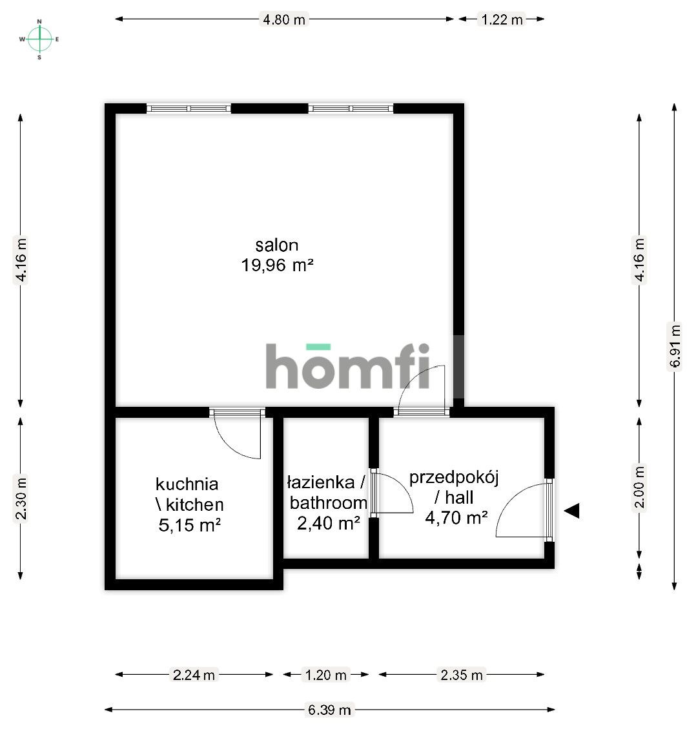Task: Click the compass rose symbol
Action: pyautogui.click(x=39, y=39)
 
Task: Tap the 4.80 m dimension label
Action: pyautogui.click(x=284, y=19)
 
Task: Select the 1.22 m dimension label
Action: pyautogui.click(x=502, y=19)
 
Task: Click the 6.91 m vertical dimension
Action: pyautogui.click(x=675, y=345)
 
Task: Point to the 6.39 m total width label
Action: pyautogui.click(x=329, y=710)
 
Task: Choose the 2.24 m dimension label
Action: pyautogui.click(x=194, y=675)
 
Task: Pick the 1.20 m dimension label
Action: pyautogui.click(x=325, y=675)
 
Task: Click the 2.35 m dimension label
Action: pyautogui.click(x=461, y=675)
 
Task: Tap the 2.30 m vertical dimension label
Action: pyautogui.click(x=21, y=498)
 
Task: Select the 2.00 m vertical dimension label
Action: pyautogui.click(x=639, y=488)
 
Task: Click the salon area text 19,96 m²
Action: pyautogui.click(x=277, y=265)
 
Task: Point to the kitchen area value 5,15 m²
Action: pyautogui.click(x=190, y=525)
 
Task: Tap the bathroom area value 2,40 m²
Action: pyautogui.click(x=328, y=523)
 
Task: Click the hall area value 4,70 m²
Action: pyautogui.click(x=456, y=517)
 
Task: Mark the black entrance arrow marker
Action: pyautogui.click(x=572, y=511)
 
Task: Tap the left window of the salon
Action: pyautogui.click(x=188, y=108)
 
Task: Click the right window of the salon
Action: pyautogui.click(x=350, y=108)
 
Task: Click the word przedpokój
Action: pyautogui.click(x=454, y=478)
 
